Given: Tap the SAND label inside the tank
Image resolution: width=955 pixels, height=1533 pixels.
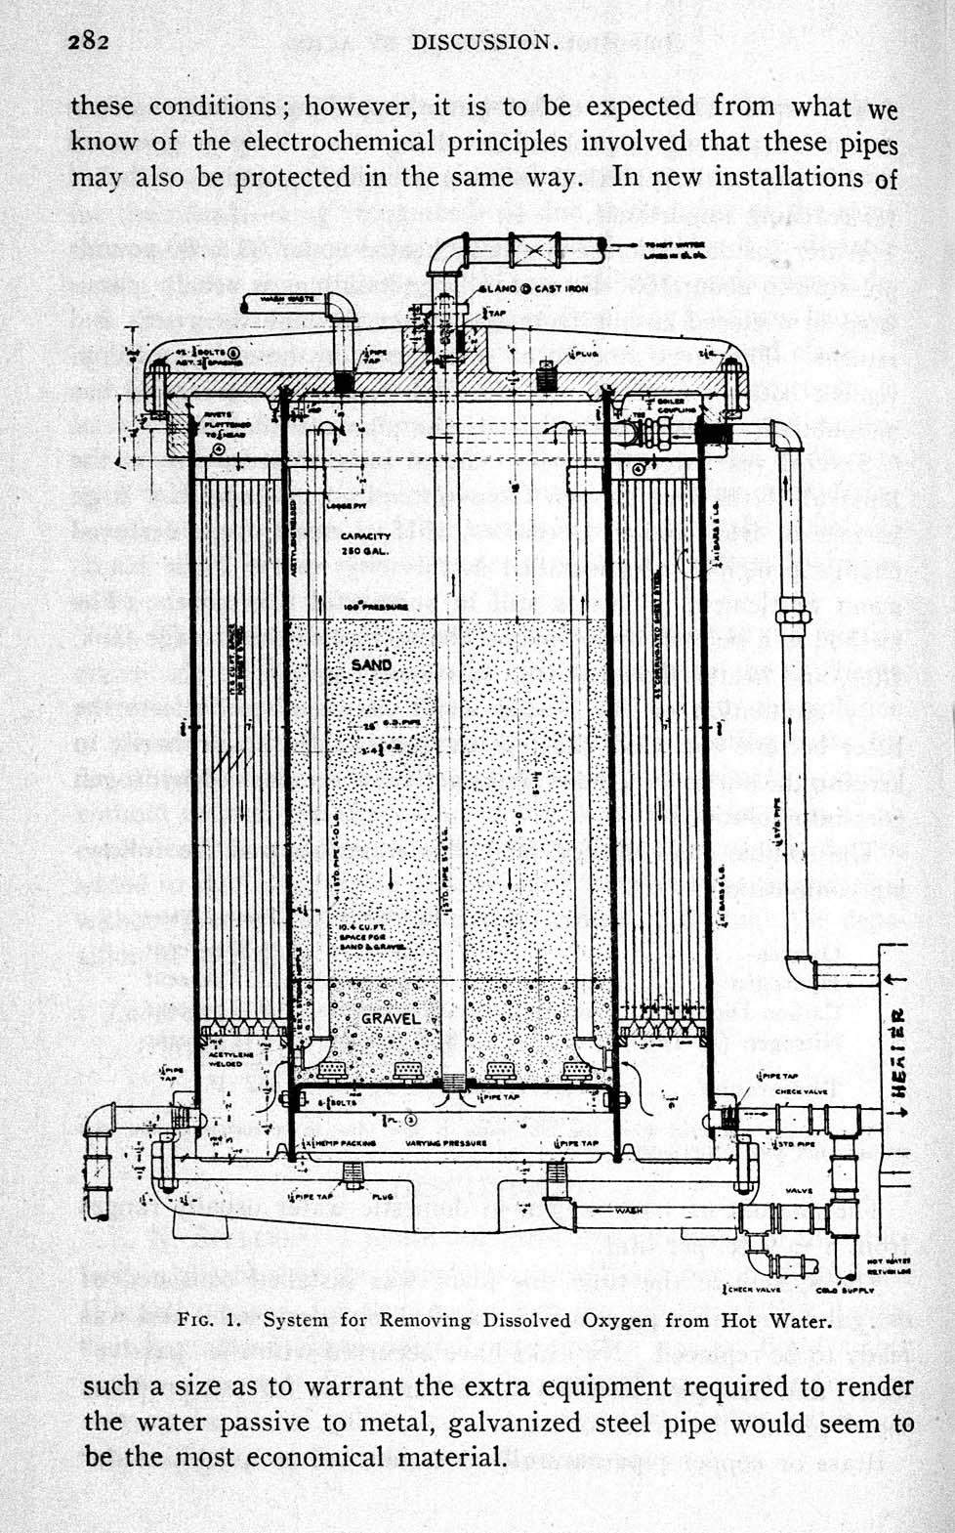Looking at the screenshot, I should point(371,664).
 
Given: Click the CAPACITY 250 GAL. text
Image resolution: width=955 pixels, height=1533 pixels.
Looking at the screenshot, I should point(366,544).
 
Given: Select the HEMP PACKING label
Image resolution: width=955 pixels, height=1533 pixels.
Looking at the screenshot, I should point(339,1141).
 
